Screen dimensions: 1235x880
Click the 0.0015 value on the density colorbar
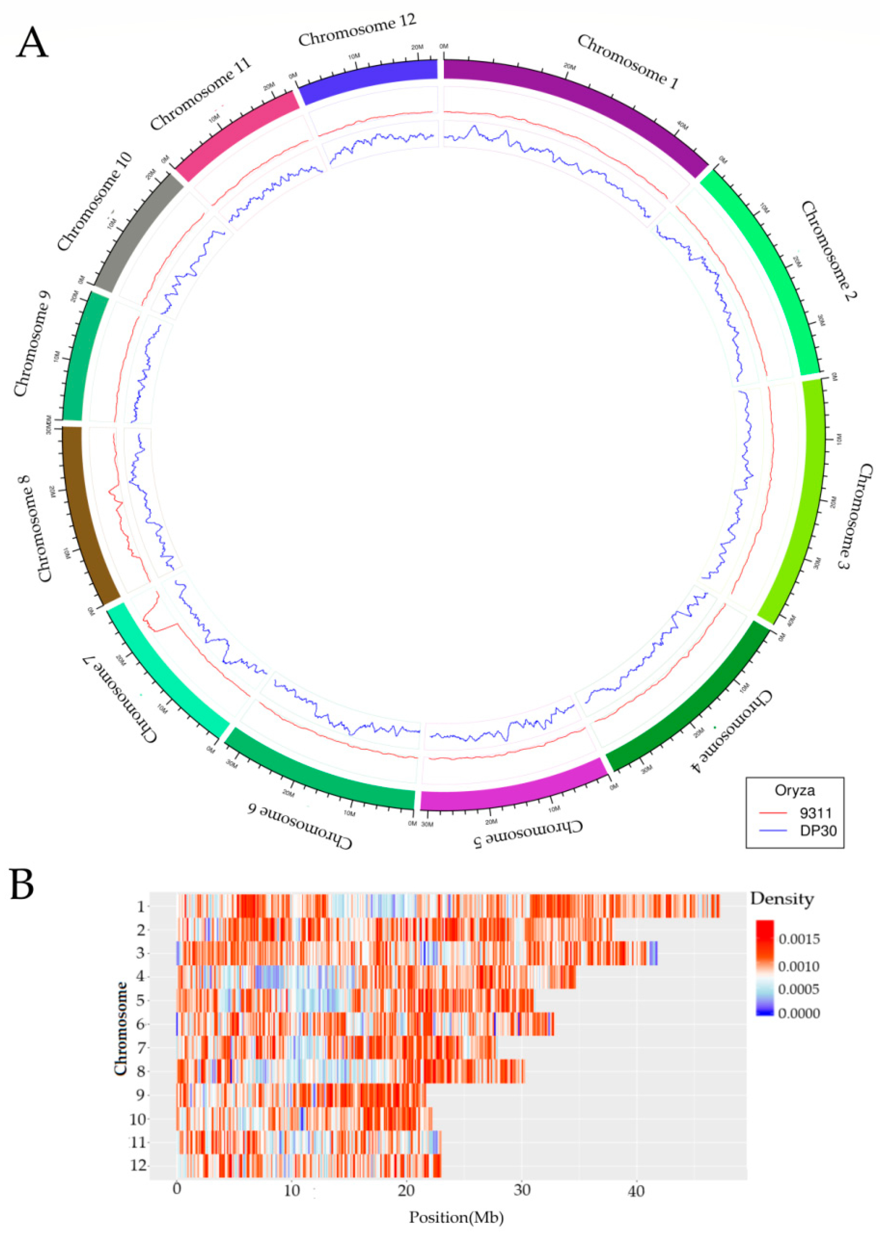coord(799,939)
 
